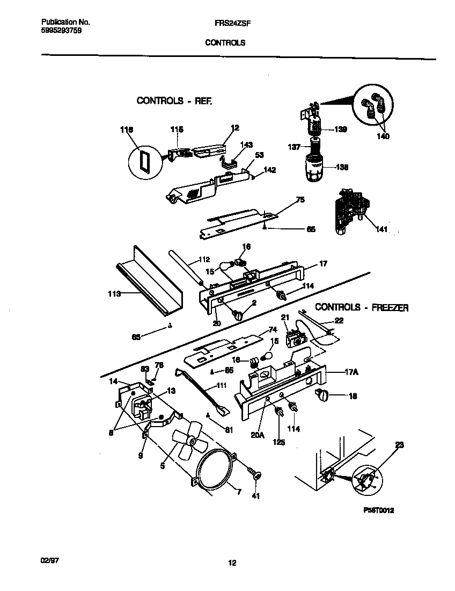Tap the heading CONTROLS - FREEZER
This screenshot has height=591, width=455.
click(x=362, y=307)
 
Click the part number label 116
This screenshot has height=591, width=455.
click(x=127, y=129)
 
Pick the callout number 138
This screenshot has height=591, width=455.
click(x=342, y=167)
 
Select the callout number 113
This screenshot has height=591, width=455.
click(x=114, y=293)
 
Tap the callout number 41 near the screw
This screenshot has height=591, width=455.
click(x=255, y=496)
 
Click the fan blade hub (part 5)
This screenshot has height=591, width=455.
click(x=192, y=442)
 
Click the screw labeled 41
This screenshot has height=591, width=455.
click(x=255, y=474)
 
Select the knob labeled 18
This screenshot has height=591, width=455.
click(x=324, y=396)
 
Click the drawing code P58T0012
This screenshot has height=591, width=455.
click(x=378, y=510)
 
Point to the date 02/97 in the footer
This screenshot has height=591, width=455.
click(x=50, y=559)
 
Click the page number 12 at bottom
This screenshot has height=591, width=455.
click(x=232, y=563)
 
